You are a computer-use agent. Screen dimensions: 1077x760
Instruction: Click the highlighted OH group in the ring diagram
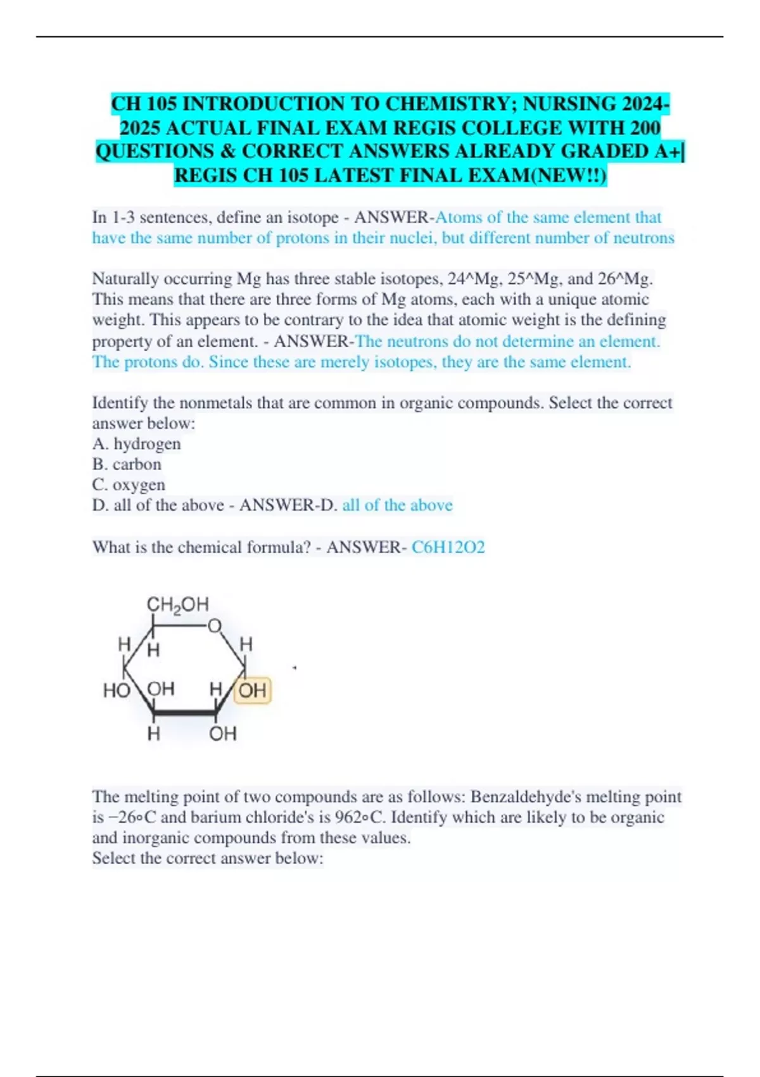pyautogui.click(x=253, y=690)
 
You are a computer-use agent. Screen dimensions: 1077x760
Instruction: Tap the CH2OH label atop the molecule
pyautogui.click(x=177, y=605)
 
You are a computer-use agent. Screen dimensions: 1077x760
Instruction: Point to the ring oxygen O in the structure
pyautogui.click(x=215, y=626)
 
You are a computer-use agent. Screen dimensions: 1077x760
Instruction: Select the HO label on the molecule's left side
pyautogui.click(x=116, y=690)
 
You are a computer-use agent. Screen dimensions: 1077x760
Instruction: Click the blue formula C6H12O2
pyautogui.click(x=448, y=547)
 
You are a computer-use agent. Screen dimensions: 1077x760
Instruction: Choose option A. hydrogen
pyautogui.click(x=136, y=443)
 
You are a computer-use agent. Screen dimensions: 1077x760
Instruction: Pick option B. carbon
pyautogui.click(x=127, y=464)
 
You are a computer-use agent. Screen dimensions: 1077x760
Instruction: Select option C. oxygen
pyautogui.click(x=129, y=485)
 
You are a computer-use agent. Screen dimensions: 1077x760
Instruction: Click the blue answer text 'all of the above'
pyautogui.click(x=397, y=505)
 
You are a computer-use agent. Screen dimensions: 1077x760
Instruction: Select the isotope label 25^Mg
pyautogui.click(x=536, y=279)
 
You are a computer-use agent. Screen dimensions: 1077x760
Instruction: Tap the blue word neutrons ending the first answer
pyautogui.click(x=643, y=238)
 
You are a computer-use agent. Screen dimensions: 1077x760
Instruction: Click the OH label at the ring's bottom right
pyautogui.click(x=222, y=734)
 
